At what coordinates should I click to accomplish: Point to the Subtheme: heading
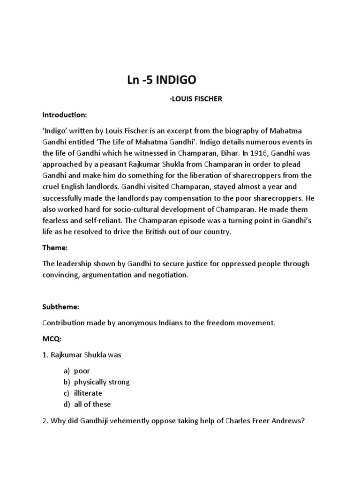61,307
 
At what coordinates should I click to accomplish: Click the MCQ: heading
51,339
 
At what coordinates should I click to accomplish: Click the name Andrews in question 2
290,420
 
